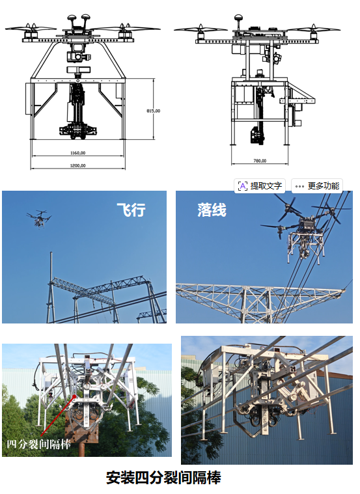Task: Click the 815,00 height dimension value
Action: click(x=153, y=111)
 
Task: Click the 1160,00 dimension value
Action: click(x=78, y=153)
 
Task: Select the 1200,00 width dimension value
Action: click(x=78, y=165)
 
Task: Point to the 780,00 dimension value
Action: click(x=260, y=161)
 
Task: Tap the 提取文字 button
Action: click(x=260, y=185)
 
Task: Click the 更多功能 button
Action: click(x=316, y=185)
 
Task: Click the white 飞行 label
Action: click(x=131, y=210)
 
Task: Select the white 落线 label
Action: click(x=212, y=210)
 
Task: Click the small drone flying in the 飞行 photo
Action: click(x=39, y=218)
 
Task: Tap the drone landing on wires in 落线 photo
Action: click(x=303, y=230)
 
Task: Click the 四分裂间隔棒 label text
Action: click(x=39, y=445)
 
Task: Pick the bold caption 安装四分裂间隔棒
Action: click(x=163, y=478)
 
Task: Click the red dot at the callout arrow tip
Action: click(x=75, y=396)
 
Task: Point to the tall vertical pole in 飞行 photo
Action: click(x=51, y=286)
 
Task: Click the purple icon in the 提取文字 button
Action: click(x=242, y=186)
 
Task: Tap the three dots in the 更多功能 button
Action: click(x=299, y=186)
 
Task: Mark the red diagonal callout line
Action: click(x=58, y=416)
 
